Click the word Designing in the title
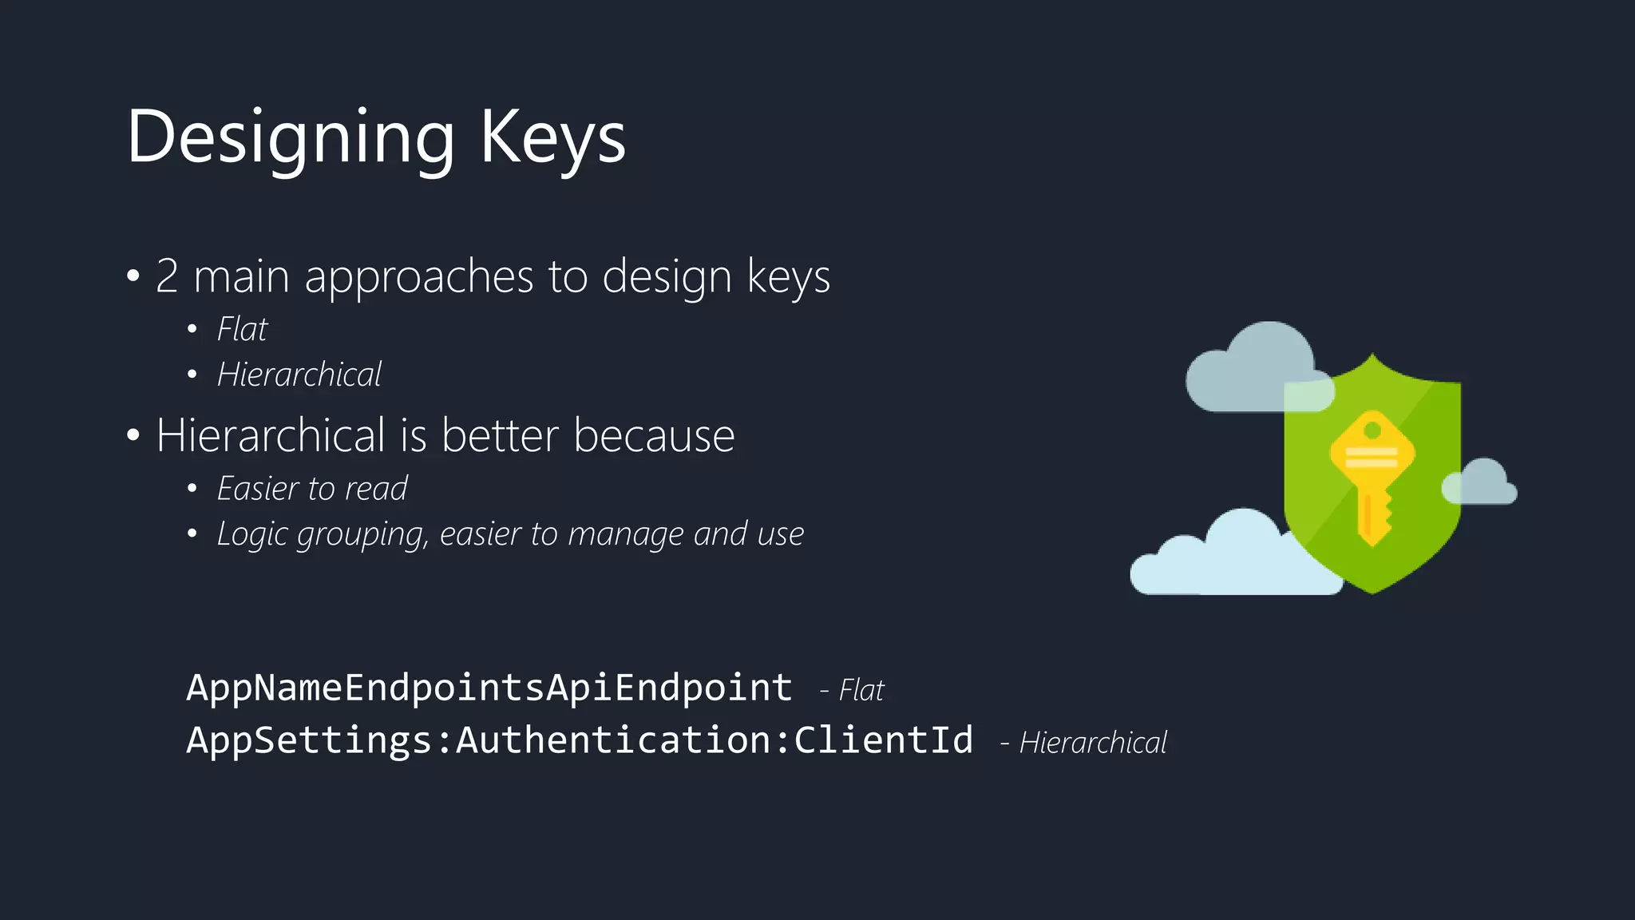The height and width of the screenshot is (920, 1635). click(291, 137)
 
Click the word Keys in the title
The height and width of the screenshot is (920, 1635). click(552, 137)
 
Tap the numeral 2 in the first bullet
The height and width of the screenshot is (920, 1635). click(167, 276)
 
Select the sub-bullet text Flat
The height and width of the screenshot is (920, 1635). click(243, 329)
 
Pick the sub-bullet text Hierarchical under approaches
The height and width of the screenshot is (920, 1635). click(299, 375)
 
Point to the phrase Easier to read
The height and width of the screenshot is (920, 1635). click(312, 489)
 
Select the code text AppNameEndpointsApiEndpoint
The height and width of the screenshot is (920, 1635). click(489, 688)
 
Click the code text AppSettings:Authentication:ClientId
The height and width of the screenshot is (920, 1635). click(580, 740)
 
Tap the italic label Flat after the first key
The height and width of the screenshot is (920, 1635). click(861, 690)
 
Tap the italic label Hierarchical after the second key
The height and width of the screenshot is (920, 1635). click(1092, 743)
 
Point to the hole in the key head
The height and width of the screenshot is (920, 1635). click(1372, 431)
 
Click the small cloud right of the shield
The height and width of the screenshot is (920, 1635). click(1482, 484)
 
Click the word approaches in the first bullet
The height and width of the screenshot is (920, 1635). click(418, 276)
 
